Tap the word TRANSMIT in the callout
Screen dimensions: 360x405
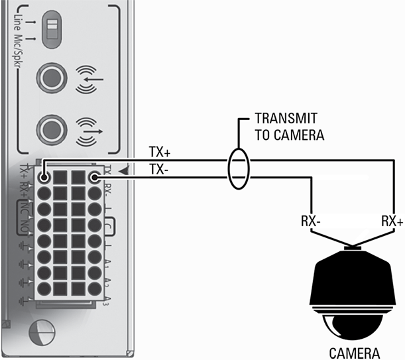(286, 119)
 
